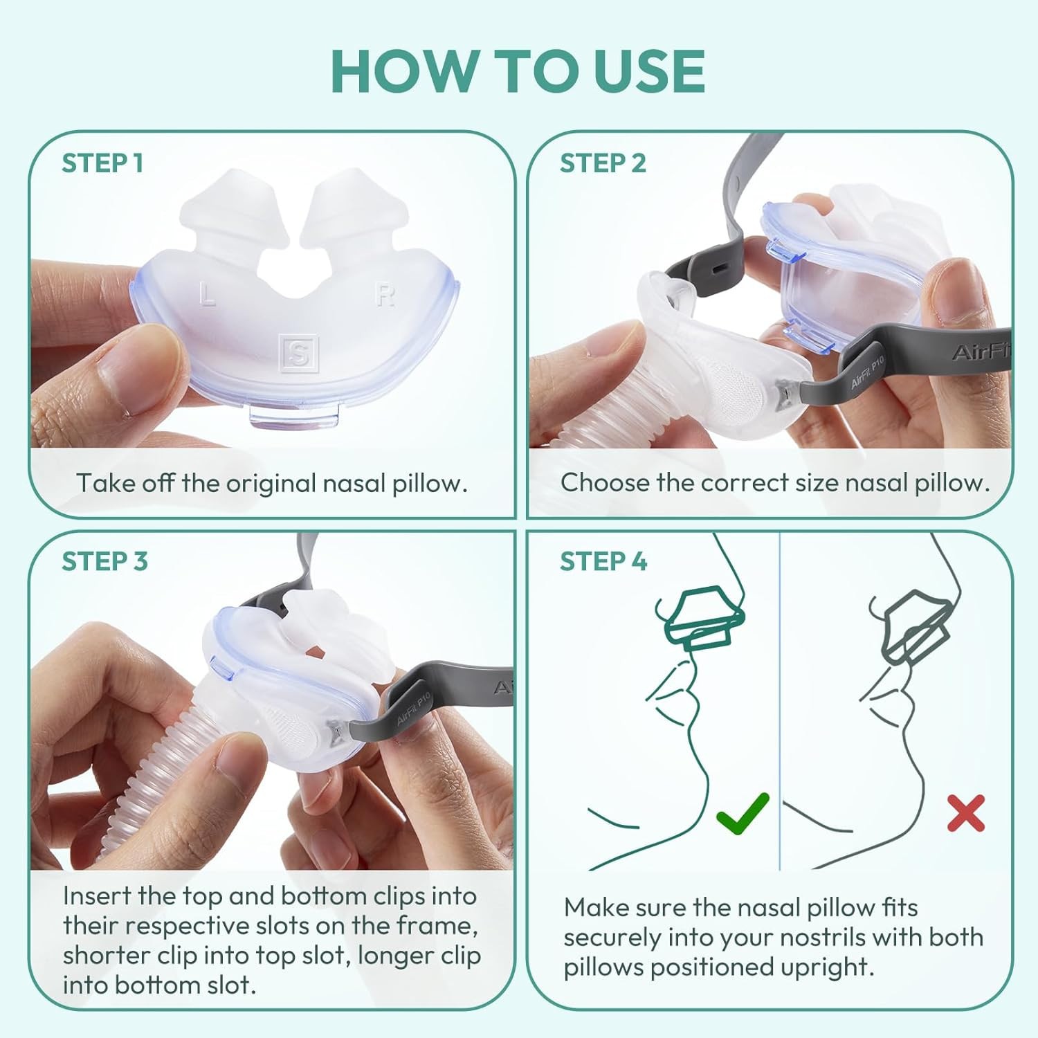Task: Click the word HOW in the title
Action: click(403, 71)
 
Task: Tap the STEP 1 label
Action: click(102, 163)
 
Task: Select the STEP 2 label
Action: click(603, 163)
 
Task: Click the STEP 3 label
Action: click(104, 561)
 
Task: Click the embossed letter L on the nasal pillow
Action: click(206, 295)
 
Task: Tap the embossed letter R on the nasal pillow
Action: click(385, 295)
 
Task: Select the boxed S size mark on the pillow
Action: click(298, 353)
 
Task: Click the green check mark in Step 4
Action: click(743, 813)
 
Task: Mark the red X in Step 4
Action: click(966, 813)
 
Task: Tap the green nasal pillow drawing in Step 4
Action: click(700, 616)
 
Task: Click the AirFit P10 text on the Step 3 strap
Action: click(413, 707)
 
